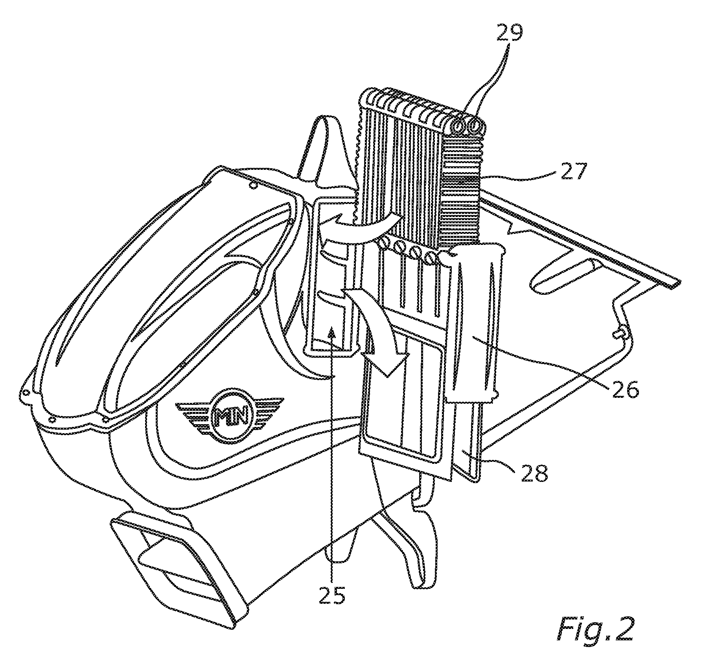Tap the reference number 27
[x=573, y=172]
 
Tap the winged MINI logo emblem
[x=230, y=415]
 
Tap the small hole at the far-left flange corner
[x=26, y=392]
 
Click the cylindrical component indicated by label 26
[x=476, y=322]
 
